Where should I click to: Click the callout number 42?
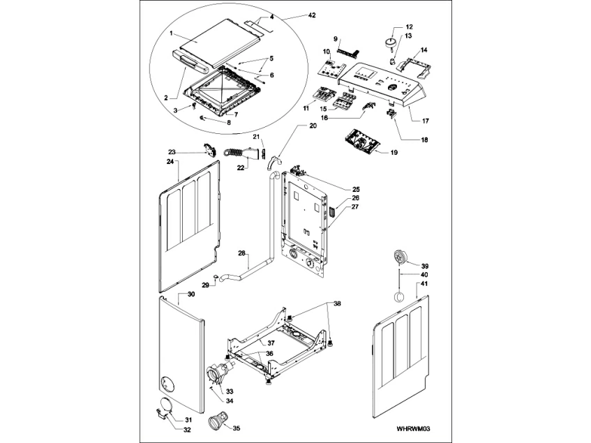292,15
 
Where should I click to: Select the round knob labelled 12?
387,43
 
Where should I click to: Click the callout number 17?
425,121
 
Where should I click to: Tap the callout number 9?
336,39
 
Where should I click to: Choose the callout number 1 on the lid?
172,33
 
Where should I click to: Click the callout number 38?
337,304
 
